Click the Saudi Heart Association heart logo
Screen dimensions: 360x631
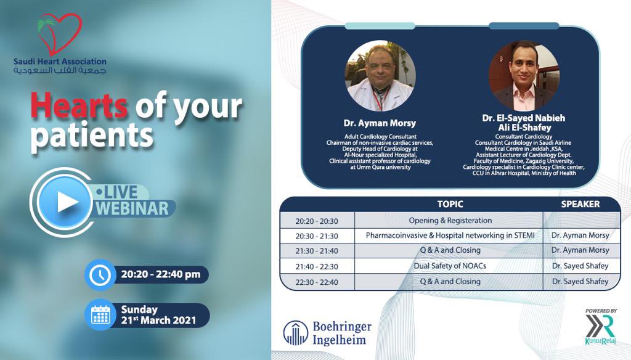click(x=60, y=34)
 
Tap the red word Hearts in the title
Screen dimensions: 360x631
click(x=79, y=106)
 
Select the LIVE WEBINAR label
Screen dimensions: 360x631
click(x=130, y=201)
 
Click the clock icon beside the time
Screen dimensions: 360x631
click(x=99, y=275)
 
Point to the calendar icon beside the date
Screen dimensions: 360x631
click(x=100, y=315)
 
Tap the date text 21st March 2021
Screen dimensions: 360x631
click(x=158, y=321)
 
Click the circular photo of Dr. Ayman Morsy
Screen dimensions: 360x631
click(x=378, y=76)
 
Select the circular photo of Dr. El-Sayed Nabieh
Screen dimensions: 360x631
click(x=524, y=76)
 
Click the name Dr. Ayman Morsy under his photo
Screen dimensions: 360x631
click(x=379, y=123)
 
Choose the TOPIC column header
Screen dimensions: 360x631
click(x=450, y=204)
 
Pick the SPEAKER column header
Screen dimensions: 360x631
click(x=580, y=204)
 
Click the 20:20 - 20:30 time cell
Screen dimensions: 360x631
click(x=317, y=221)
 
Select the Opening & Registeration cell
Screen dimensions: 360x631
click(x=450, y=221)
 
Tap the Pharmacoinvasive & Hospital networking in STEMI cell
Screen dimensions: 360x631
click(x=450, y=235)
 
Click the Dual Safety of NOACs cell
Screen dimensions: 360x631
click(x=450, y=266)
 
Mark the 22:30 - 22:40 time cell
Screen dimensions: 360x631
click(x=317, y=281)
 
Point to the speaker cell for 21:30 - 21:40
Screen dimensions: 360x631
click(x=580, y=250)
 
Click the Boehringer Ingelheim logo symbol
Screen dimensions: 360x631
click(x=296, y=333)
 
